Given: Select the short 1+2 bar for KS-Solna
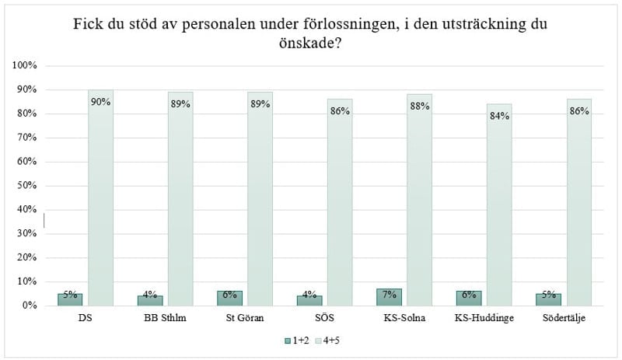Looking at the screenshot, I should (x=389, y=297).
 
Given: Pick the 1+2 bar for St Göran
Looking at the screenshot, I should (x=229, y=299).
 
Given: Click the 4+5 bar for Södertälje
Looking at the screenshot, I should (x=579, y=202).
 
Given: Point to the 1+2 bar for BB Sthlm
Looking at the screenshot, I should (x=149, y=301).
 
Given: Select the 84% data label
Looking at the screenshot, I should (x=499, y=116).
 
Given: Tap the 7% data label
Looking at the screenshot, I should (x=389, y=294).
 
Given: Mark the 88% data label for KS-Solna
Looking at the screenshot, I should (x=419, y=107).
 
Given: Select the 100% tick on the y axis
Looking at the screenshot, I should (x=26, y=66).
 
